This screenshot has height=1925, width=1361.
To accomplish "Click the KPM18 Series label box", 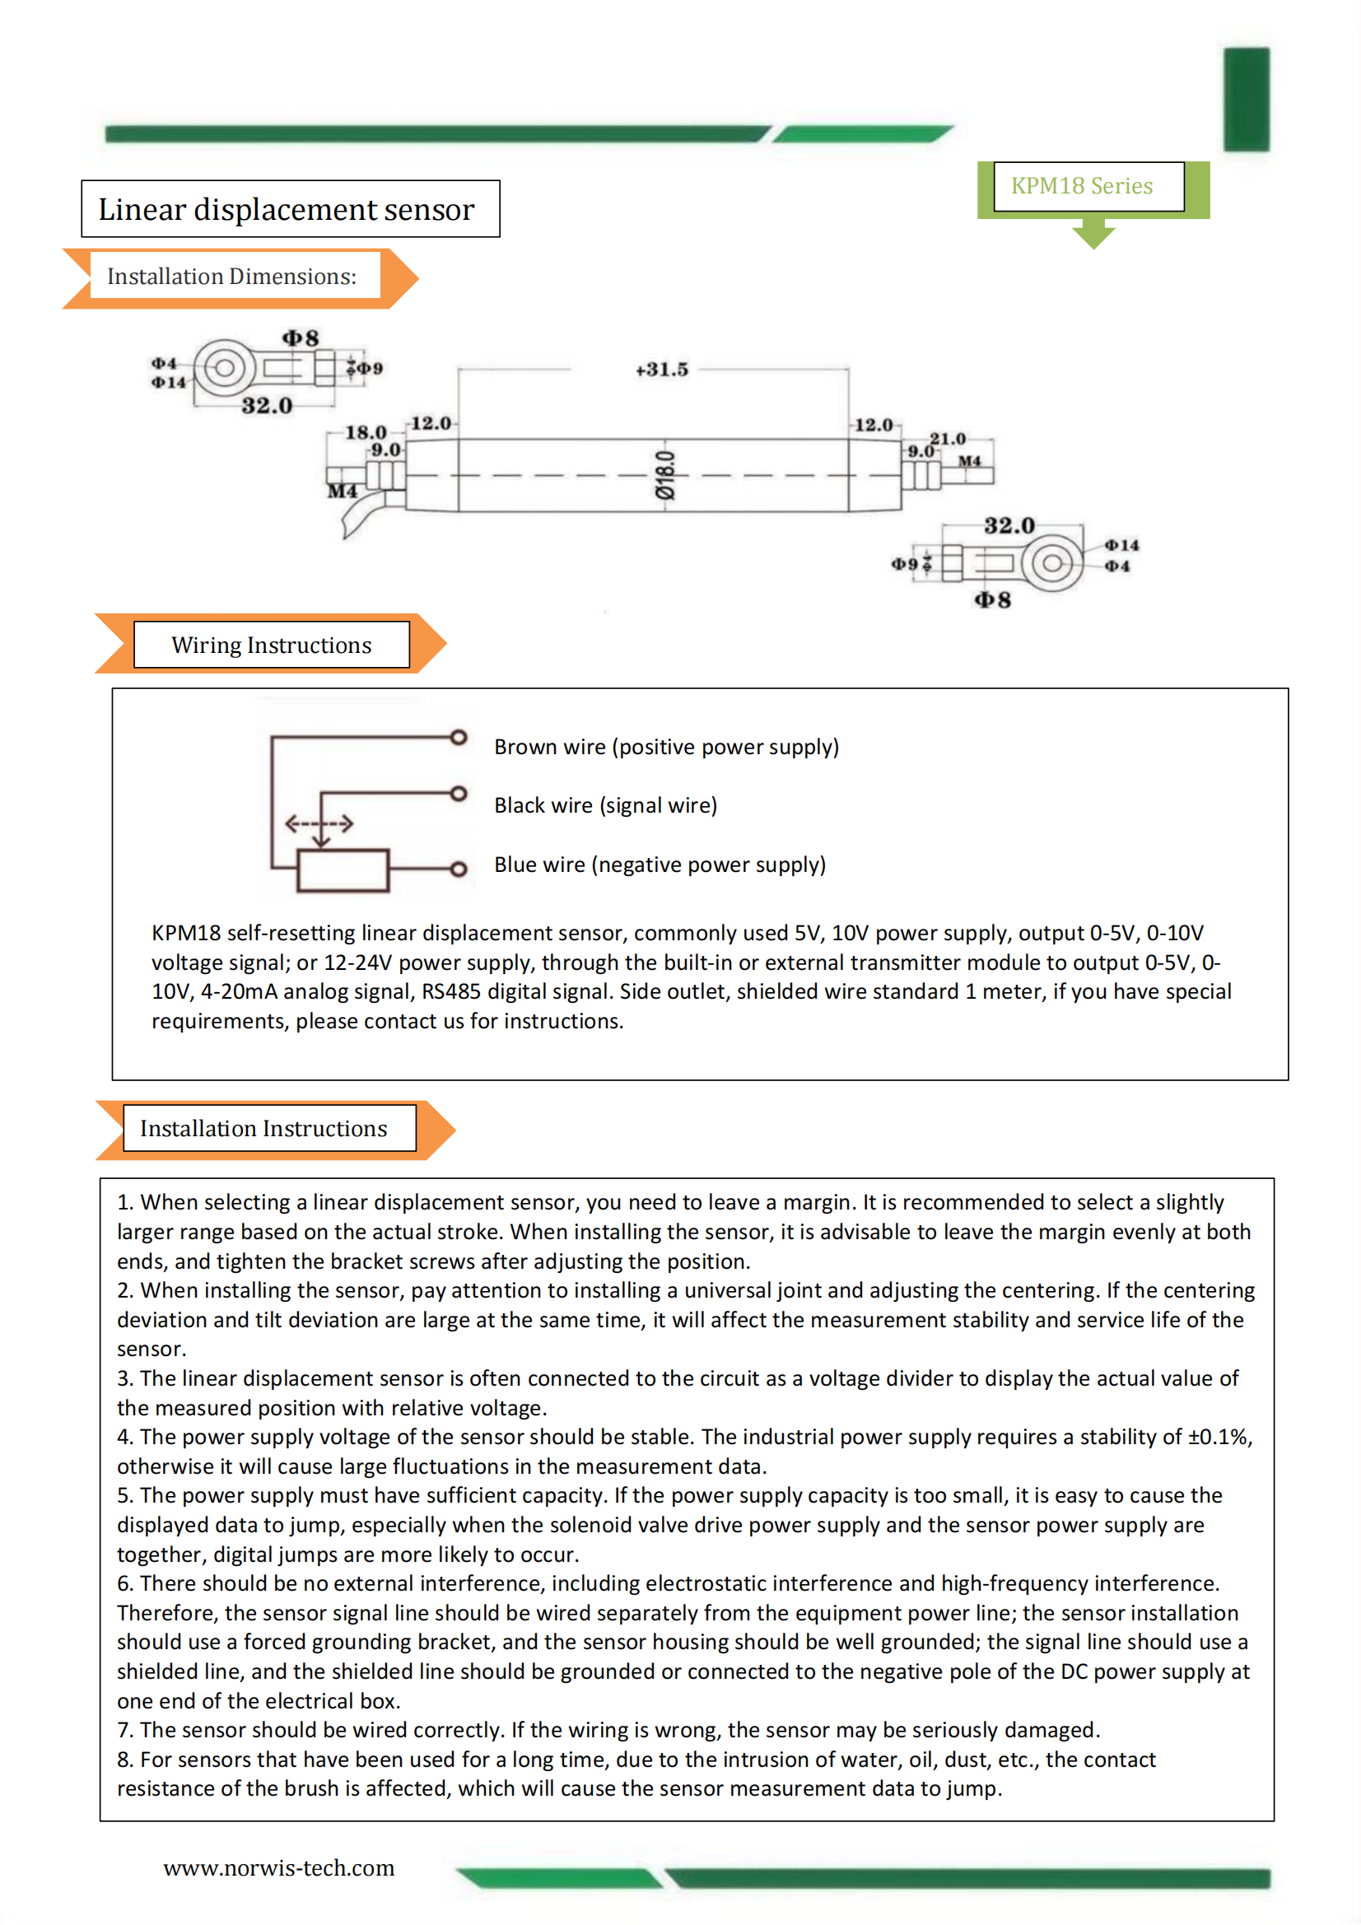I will (x=1088, y=186).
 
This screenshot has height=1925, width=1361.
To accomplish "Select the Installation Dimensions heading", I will (x=231, y=277).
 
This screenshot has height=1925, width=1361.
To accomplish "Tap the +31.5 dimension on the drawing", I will (x=662, y=370).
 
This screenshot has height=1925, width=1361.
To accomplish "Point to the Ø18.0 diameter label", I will (x=665, y=474).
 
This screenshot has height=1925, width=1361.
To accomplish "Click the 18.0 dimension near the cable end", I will (x=366, y=432).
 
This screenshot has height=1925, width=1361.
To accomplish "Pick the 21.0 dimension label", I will (x=948, y=439).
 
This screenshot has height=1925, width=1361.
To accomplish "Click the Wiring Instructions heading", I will (x=271, y=645).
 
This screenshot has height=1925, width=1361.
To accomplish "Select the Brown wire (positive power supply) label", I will (x=666, y=747).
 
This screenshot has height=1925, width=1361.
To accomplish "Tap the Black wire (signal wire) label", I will (x=605, y=806).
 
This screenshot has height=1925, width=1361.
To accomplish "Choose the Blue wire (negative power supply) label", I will (x=660, y=865).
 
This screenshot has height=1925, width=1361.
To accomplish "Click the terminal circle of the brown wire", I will (x=458, y=738).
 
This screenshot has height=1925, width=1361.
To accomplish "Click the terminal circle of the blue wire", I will (x=458, y=869).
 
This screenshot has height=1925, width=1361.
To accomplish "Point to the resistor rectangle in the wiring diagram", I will (x=343, y=870).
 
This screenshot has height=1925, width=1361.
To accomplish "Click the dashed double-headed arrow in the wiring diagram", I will (x=319, y=824).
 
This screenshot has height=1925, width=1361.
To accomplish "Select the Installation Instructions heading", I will (x=263, y=1129).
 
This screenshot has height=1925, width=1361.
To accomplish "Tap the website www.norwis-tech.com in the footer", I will (x=278, y=1868).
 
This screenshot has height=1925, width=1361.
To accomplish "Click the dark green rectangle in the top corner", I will (x=1246, y=100).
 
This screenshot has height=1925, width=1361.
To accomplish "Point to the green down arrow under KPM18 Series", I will (x=1093, y=234).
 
